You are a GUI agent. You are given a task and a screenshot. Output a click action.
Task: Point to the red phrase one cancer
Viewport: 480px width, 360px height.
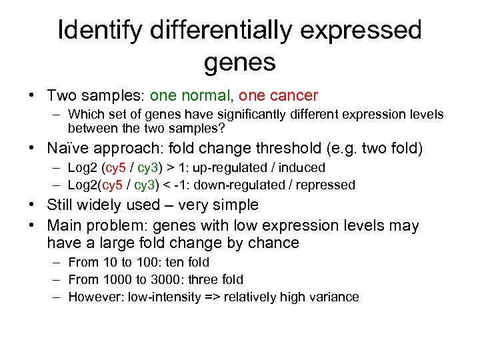279,96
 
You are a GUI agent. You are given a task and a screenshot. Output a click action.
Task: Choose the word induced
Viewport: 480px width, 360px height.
303,167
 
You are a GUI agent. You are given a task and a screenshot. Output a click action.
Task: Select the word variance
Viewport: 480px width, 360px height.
336,297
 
